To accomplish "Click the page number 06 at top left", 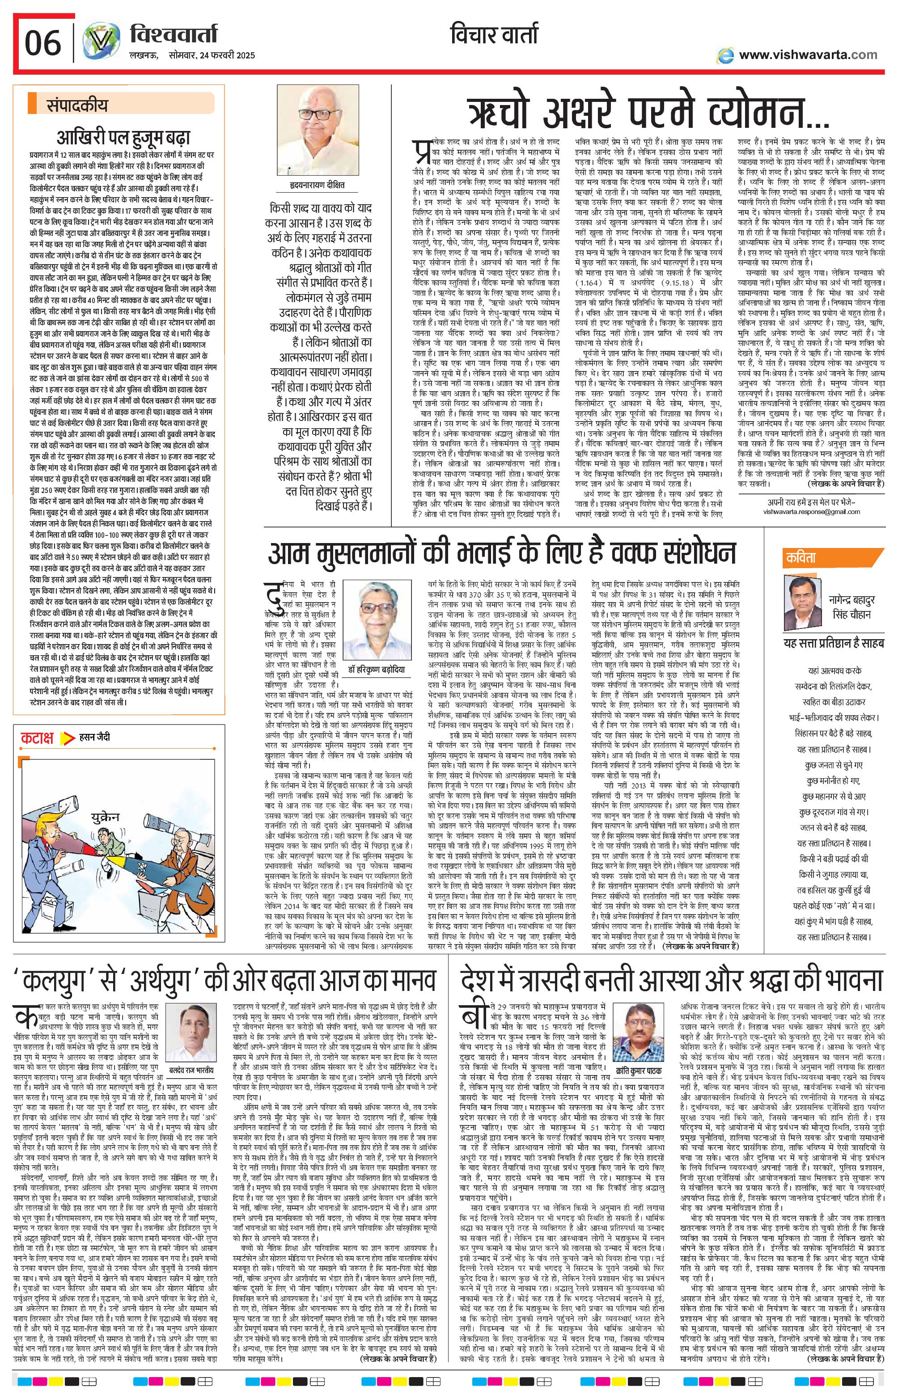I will click(x=43, y=43).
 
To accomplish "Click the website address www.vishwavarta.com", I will click(x=808, y=55).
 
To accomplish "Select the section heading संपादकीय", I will click(x=77, y=106).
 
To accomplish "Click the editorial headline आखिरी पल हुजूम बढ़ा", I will click(x=123, y=138).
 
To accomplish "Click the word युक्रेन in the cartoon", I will click(x=104, y=817).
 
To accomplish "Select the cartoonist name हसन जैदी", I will click(x=94, y=737).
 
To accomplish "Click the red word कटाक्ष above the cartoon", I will click(x=37, y=737).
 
